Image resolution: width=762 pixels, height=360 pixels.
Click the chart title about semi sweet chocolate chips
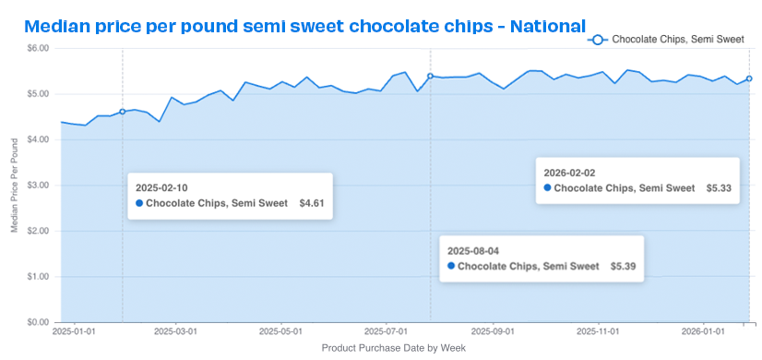pos(304,26)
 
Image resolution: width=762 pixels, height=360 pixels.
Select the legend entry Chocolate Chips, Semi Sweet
pos(668,40)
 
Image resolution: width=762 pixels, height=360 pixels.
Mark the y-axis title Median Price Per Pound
pos(14,185)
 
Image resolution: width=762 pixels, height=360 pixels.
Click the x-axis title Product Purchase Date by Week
pos(394,348)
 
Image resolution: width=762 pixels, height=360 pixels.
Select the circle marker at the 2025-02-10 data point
pos(123,112)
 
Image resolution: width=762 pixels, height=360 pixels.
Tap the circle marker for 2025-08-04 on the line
pos(430,77)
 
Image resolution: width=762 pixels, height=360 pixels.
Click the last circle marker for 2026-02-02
pos(749,78)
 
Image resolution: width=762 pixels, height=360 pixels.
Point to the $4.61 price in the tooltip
pos(312,203)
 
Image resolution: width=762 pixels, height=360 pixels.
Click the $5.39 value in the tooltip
pos(624,266)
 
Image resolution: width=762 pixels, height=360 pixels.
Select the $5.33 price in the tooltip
pos(719,187)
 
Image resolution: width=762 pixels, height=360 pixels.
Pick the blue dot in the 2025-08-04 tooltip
pos(450,266)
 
